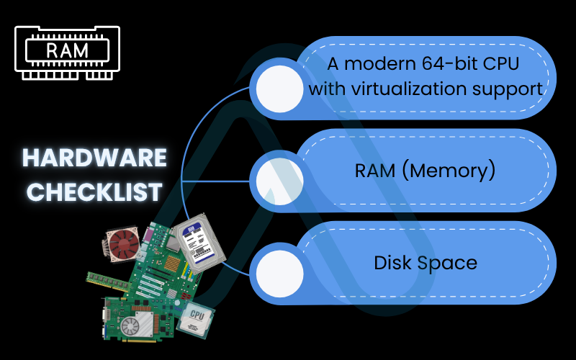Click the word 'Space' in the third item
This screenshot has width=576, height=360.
(449, 262)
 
